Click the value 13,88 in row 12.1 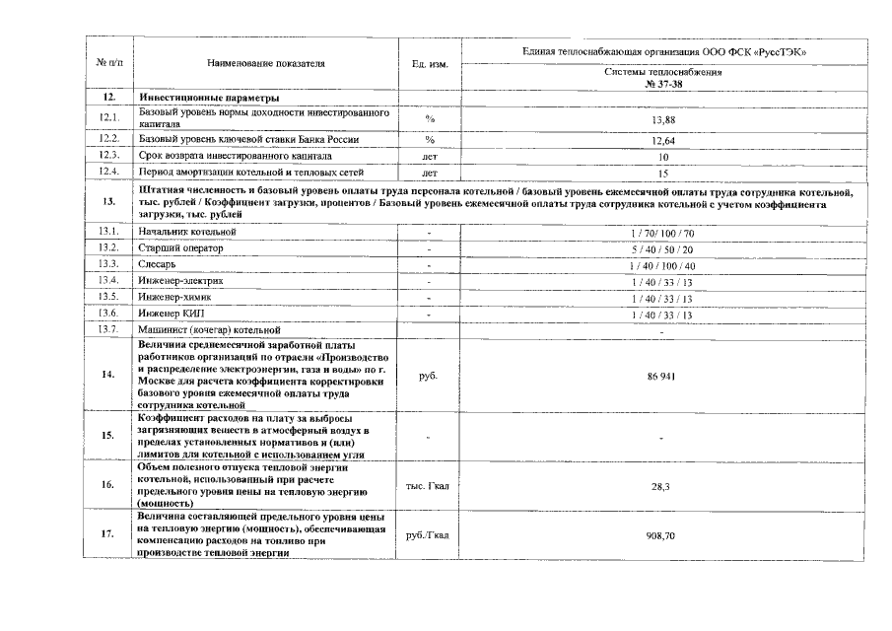(x=661, y=119)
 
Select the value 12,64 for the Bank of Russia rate (x=661, y=139)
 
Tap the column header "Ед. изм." (x=430, y=64)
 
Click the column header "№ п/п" (x=109, y=63)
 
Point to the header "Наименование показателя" (x=266, y=63)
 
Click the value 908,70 (x=661, y=534)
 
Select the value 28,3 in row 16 (x=661, y=486)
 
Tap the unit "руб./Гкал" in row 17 (x=429, y=534)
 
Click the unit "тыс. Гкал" (x=429, y=486)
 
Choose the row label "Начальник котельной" (x=188, y=231)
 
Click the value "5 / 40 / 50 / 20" (x=661, y=247)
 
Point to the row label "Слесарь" (x=158, y=264)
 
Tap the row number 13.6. (x=109, y=314)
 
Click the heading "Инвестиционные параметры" (x=209, y=98)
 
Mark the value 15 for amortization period (x=662, y=173)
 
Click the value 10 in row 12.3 (x=662, y=156)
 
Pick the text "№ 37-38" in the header (x=662, y=85)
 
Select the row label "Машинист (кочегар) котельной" (x=210, y=329)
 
